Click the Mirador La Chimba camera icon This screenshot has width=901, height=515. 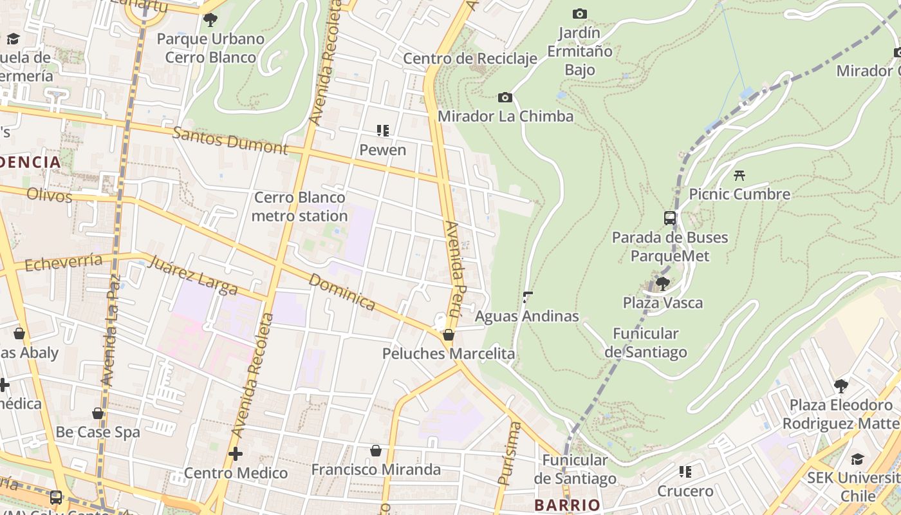click(505, 98)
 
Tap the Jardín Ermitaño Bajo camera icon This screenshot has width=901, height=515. click(579, 14)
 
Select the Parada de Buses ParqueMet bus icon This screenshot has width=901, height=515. click(670, 218)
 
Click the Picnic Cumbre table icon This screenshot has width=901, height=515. click(739, 174)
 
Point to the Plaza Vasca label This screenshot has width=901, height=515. click(662, 303)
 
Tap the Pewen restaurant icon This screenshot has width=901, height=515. click(383, 131)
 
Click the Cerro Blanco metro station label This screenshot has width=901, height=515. click(299, 207)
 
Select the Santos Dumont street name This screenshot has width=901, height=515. click(230, 139)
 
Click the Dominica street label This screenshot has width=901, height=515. click(342, 292)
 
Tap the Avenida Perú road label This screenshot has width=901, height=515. click(454, 269)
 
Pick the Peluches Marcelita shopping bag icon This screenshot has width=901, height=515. click(449, 335)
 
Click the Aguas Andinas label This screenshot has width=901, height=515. click(527, 316)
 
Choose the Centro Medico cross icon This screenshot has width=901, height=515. click(236, 454)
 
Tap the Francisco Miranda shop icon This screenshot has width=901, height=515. click(376, 451)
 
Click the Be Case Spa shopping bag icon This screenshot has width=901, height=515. click(98, 413)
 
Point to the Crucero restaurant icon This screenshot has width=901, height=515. click(685, 472)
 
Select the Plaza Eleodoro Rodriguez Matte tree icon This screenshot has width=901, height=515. click(841, 386)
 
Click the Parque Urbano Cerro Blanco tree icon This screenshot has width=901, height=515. click(210, 20)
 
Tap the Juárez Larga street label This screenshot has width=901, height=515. click(192, 274)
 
